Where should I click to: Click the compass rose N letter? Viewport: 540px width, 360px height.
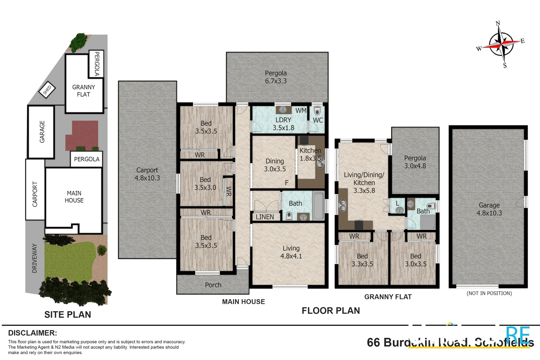coord(498,23)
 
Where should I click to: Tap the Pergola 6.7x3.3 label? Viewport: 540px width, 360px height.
coord(276,77)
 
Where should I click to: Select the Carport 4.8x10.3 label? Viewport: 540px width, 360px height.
coord(147,174)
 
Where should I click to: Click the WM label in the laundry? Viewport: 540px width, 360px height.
coord(301,111)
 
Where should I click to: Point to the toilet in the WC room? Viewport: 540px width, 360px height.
coord(317,111)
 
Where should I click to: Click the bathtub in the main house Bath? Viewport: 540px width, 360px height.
coord(318,205)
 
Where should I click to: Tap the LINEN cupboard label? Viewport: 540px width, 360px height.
coord(265,217)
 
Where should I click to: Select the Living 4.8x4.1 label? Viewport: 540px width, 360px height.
coord(291,252)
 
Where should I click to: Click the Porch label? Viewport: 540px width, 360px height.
coord(213,285)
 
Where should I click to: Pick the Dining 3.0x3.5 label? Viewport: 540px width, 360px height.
coord(275,165)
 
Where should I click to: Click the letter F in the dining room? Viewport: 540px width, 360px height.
coord(287,183)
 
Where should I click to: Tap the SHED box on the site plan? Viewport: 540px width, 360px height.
coord(47,90)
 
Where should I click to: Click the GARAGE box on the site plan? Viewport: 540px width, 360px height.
coord(42,132)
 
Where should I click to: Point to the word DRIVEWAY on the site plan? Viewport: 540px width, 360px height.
coord(35,258)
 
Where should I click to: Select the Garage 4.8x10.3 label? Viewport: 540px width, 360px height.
coord(489,209)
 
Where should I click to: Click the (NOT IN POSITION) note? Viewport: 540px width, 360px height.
coord(489,293)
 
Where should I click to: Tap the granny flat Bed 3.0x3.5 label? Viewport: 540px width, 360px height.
coord(415,260)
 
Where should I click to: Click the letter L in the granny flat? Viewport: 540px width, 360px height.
coord(397,203)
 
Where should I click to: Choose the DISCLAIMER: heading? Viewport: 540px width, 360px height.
coord(32,333)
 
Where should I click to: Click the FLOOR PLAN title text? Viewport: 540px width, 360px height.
coord(331,311)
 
